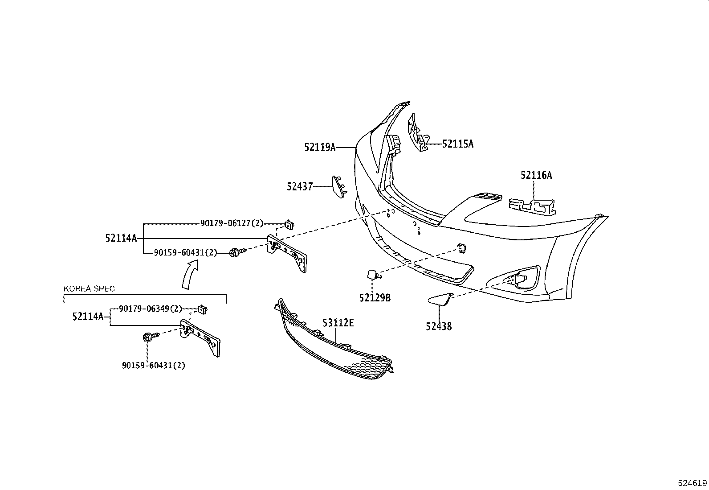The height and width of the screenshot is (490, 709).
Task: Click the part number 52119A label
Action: [320, 147]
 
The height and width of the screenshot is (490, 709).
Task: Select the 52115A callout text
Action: [458, 144]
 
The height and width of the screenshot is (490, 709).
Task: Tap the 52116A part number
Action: [536, 175]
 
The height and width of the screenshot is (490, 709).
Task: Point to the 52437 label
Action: [300, 186]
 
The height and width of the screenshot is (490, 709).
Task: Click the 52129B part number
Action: [375, 298]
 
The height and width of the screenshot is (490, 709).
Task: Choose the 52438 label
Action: [439, 326]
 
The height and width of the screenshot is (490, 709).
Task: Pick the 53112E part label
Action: [338, 322]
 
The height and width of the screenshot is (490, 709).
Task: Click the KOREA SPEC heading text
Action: [89, 288]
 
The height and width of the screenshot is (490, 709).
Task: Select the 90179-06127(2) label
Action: [232, 223]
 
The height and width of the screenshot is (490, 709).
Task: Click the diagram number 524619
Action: [692, 483]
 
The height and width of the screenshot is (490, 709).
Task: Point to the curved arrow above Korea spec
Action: [190, 275]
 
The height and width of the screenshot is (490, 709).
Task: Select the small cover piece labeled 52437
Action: [338, 187]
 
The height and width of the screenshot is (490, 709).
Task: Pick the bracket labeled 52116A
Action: [533, 205]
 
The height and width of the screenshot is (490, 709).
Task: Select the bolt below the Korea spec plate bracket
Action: [148, 337]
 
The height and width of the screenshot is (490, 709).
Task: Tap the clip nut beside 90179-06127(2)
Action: [290, 224]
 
